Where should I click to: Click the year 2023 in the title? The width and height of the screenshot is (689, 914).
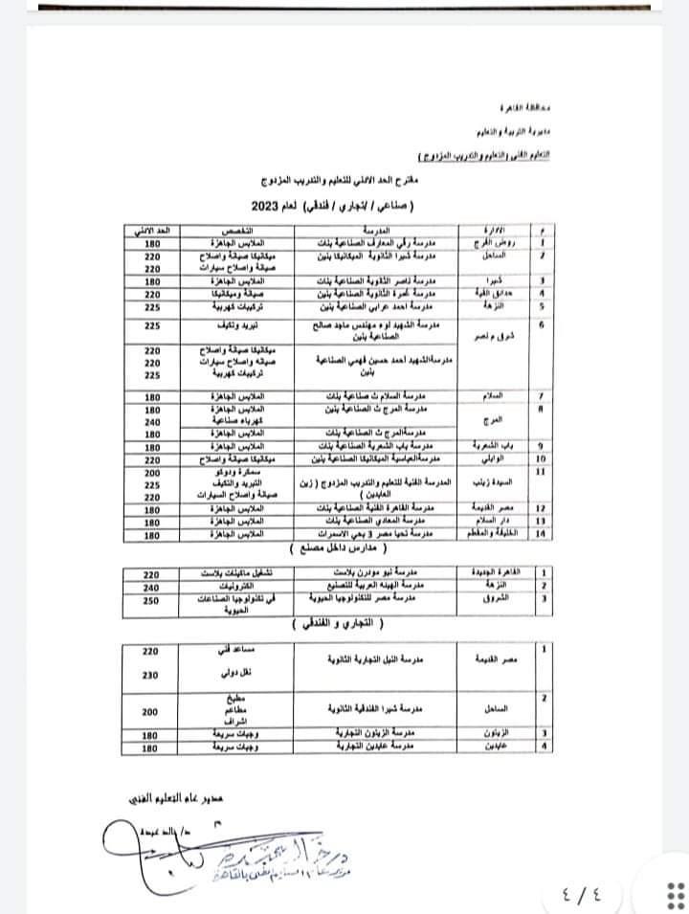pyautogui.click(x=264, y=206)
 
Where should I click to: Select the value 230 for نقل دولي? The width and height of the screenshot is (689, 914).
pyautogui.click(x=150, y=674)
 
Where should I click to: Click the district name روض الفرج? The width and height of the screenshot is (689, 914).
pyautogui.click(x=495, y=244)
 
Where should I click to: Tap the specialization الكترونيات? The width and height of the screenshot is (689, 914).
pyautogui.click(x=230, y=584)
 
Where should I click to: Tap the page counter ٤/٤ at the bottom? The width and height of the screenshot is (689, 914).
pyautogui.click(x=583, y=897)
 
